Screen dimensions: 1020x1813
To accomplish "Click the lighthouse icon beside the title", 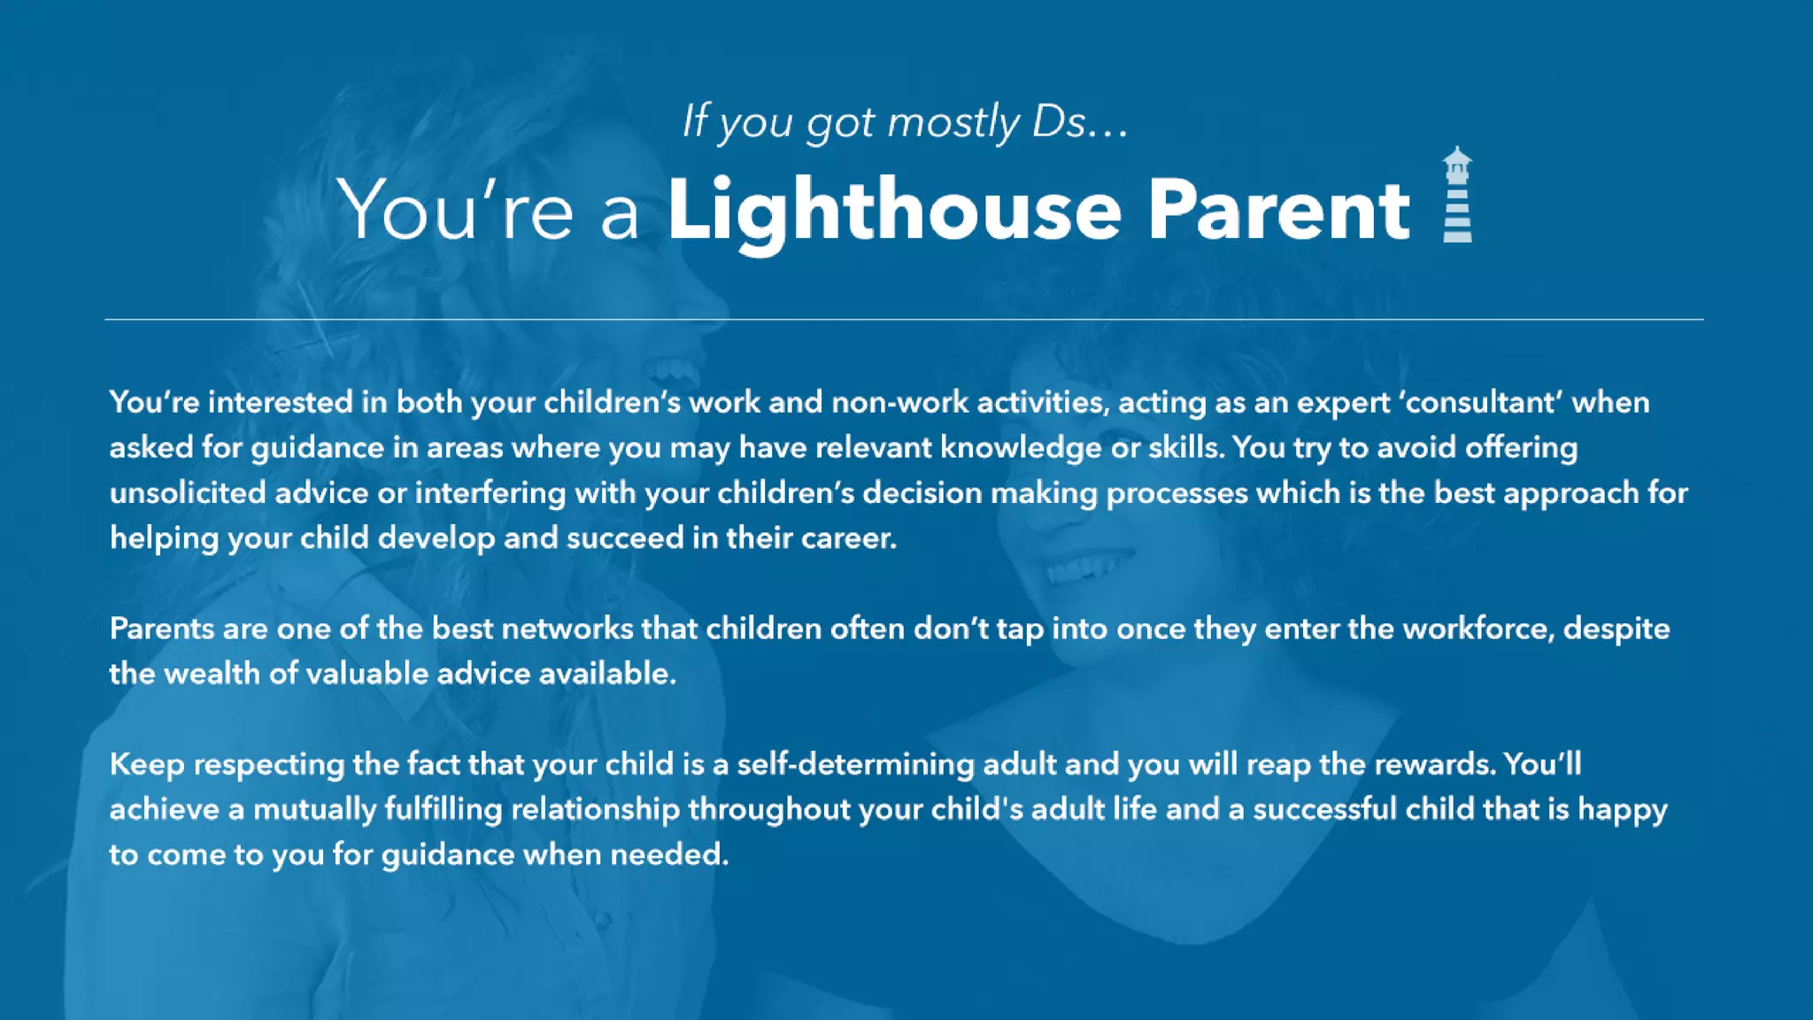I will pyautogui.click(x=1457, y=195).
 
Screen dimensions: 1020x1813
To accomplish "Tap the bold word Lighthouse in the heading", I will pyautogui.click(x=894, y=211).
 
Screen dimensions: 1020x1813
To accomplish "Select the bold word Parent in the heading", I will pyautogui.click(x=1278, y=211).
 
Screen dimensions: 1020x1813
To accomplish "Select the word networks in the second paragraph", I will pyautogui.click(x=567, y=629).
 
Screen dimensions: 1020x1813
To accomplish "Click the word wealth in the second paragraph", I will pyautogui.click(x=212, y=674).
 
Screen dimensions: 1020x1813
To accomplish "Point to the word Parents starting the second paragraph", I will pyautogui.click(x=162, y=629).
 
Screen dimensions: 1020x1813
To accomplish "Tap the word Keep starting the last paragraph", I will pyautogui.click(x=147, y=764).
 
